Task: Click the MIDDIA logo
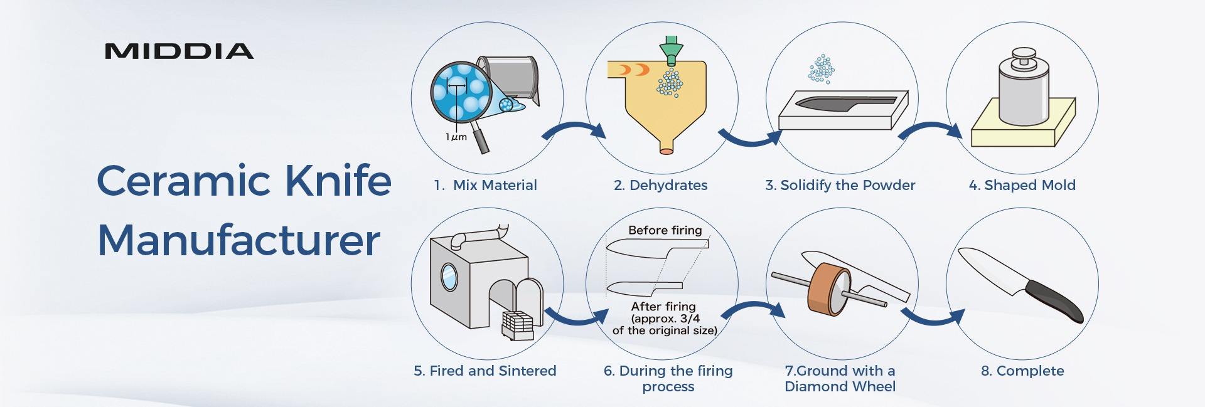179,51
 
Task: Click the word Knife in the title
338,181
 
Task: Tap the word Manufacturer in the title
238,240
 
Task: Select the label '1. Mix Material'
485,185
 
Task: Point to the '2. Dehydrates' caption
660,185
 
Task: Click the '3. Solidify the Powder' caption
840,185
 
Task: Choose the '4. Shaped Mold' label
1022,185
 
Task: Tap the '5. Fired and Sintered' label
485,371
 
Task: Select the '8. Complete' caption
1022,371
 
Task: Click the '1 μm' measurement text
456,137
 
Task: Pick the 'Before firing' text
665,230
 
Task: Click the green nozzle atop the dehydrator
671,48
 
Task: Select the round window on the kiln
449,277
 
